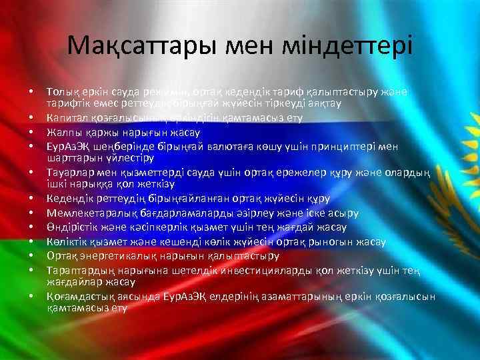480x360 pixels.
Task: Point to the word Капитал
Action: coord(69,118)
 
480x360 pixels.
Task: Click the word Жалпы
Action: coord(63,131)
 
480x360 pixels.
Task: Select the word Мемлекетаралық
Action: coord(91,213)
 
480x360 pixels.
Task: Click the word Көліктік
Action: coord(69,241)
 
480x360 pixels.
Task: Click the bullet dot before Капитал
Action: coord(31,118)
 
